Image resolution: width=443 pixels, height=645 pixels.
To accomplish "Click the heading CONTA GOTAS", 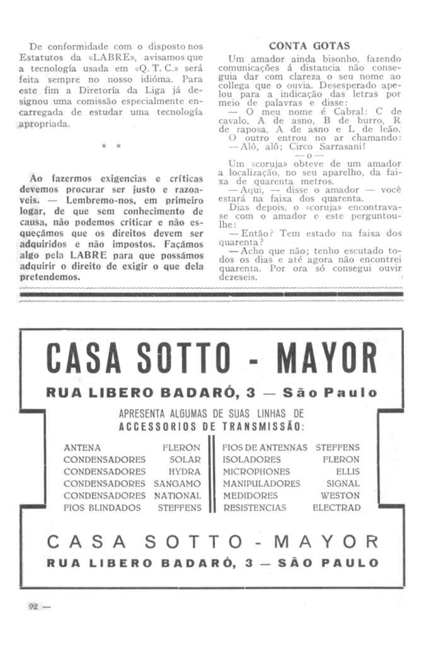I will [309, 46].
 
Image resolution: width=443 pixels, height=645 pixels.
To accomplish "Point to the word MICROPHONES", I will [256, 471].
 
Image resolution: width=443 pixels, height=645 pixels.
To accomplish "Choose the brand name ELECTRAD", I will [337, 507].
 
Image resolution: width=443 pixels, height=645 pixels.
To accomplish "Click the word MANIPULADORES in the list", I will [262, 483].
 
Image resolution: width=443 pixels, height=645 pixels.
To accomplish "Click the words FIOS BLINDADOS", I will [102, 507].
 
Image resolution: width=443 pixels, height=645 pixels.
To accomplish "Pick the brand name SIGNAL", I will [343, 483].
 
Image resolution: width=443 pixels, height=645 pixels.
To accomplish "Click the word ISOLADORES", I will [251, 459].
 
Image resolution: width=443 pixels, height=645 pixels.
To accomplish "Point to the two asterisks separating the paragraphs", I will [111, 147].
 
